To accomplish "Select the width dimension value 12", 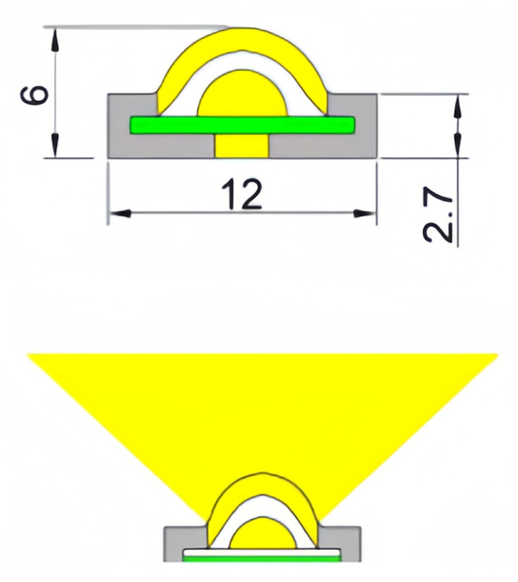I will point(242,194).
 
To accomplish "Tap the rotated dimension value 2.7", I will point(437,216).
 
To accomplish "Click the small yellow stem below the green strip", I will point(242,145).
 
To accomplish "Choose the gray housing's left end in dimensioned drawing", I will point(118,126).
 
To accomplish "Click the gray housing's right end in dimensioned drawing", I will point(367,126).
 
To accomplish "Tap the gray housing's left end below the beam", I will point(176,543).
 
